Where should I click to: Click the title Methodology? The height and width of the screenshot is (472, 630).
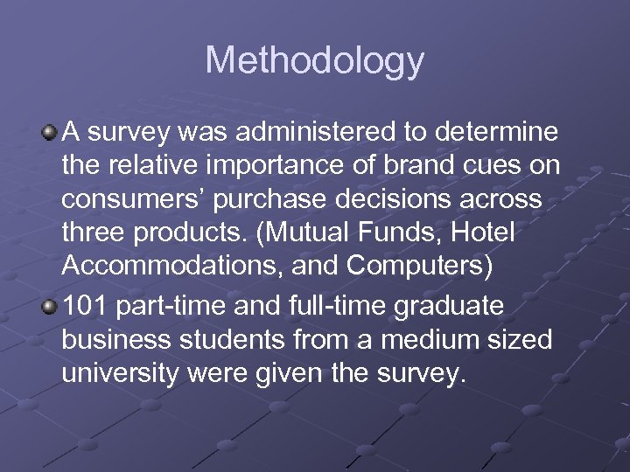pos(315,61)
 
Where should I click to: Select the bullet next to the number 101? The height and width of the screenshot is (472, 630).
pos(49,307)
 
